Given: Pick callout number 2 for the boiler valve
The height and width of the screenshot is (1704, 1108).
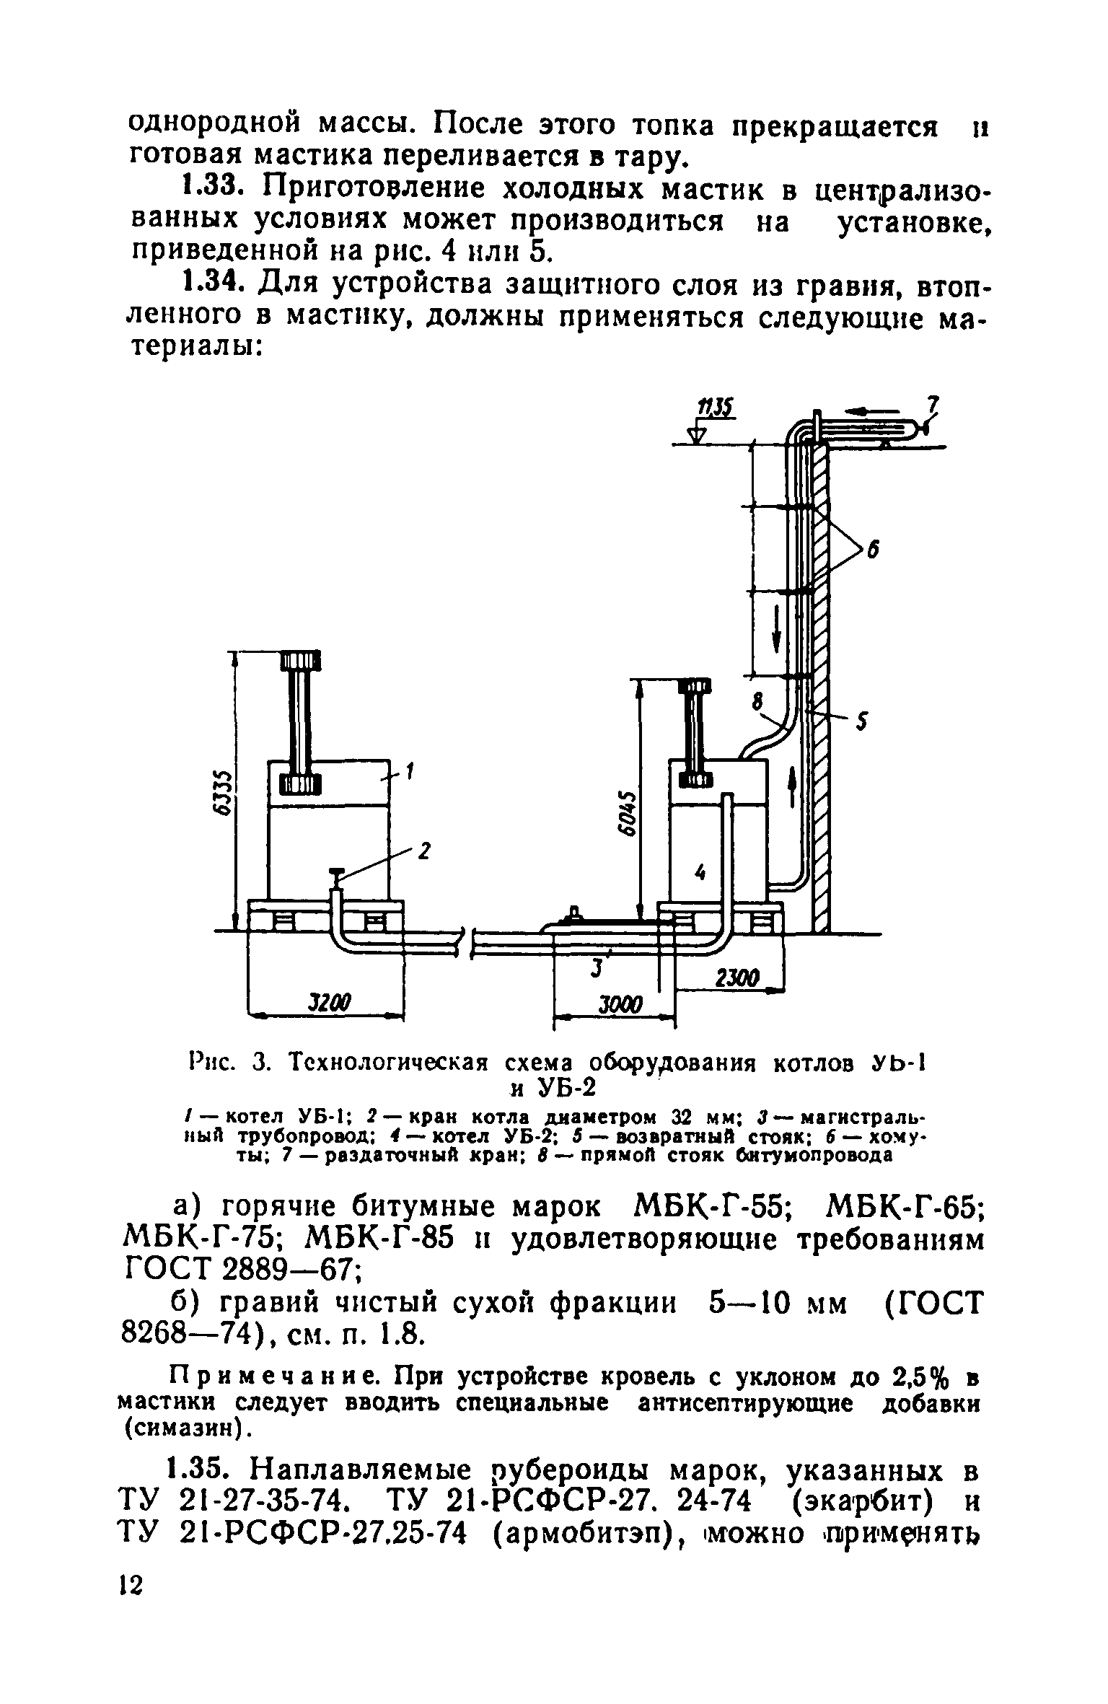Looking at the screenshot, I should pyautogui.click(x=424, y=852).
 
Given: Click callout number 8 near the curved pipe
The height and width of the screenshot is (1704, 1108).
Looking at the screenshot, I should pyautogui.click(x=757, y=700).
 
